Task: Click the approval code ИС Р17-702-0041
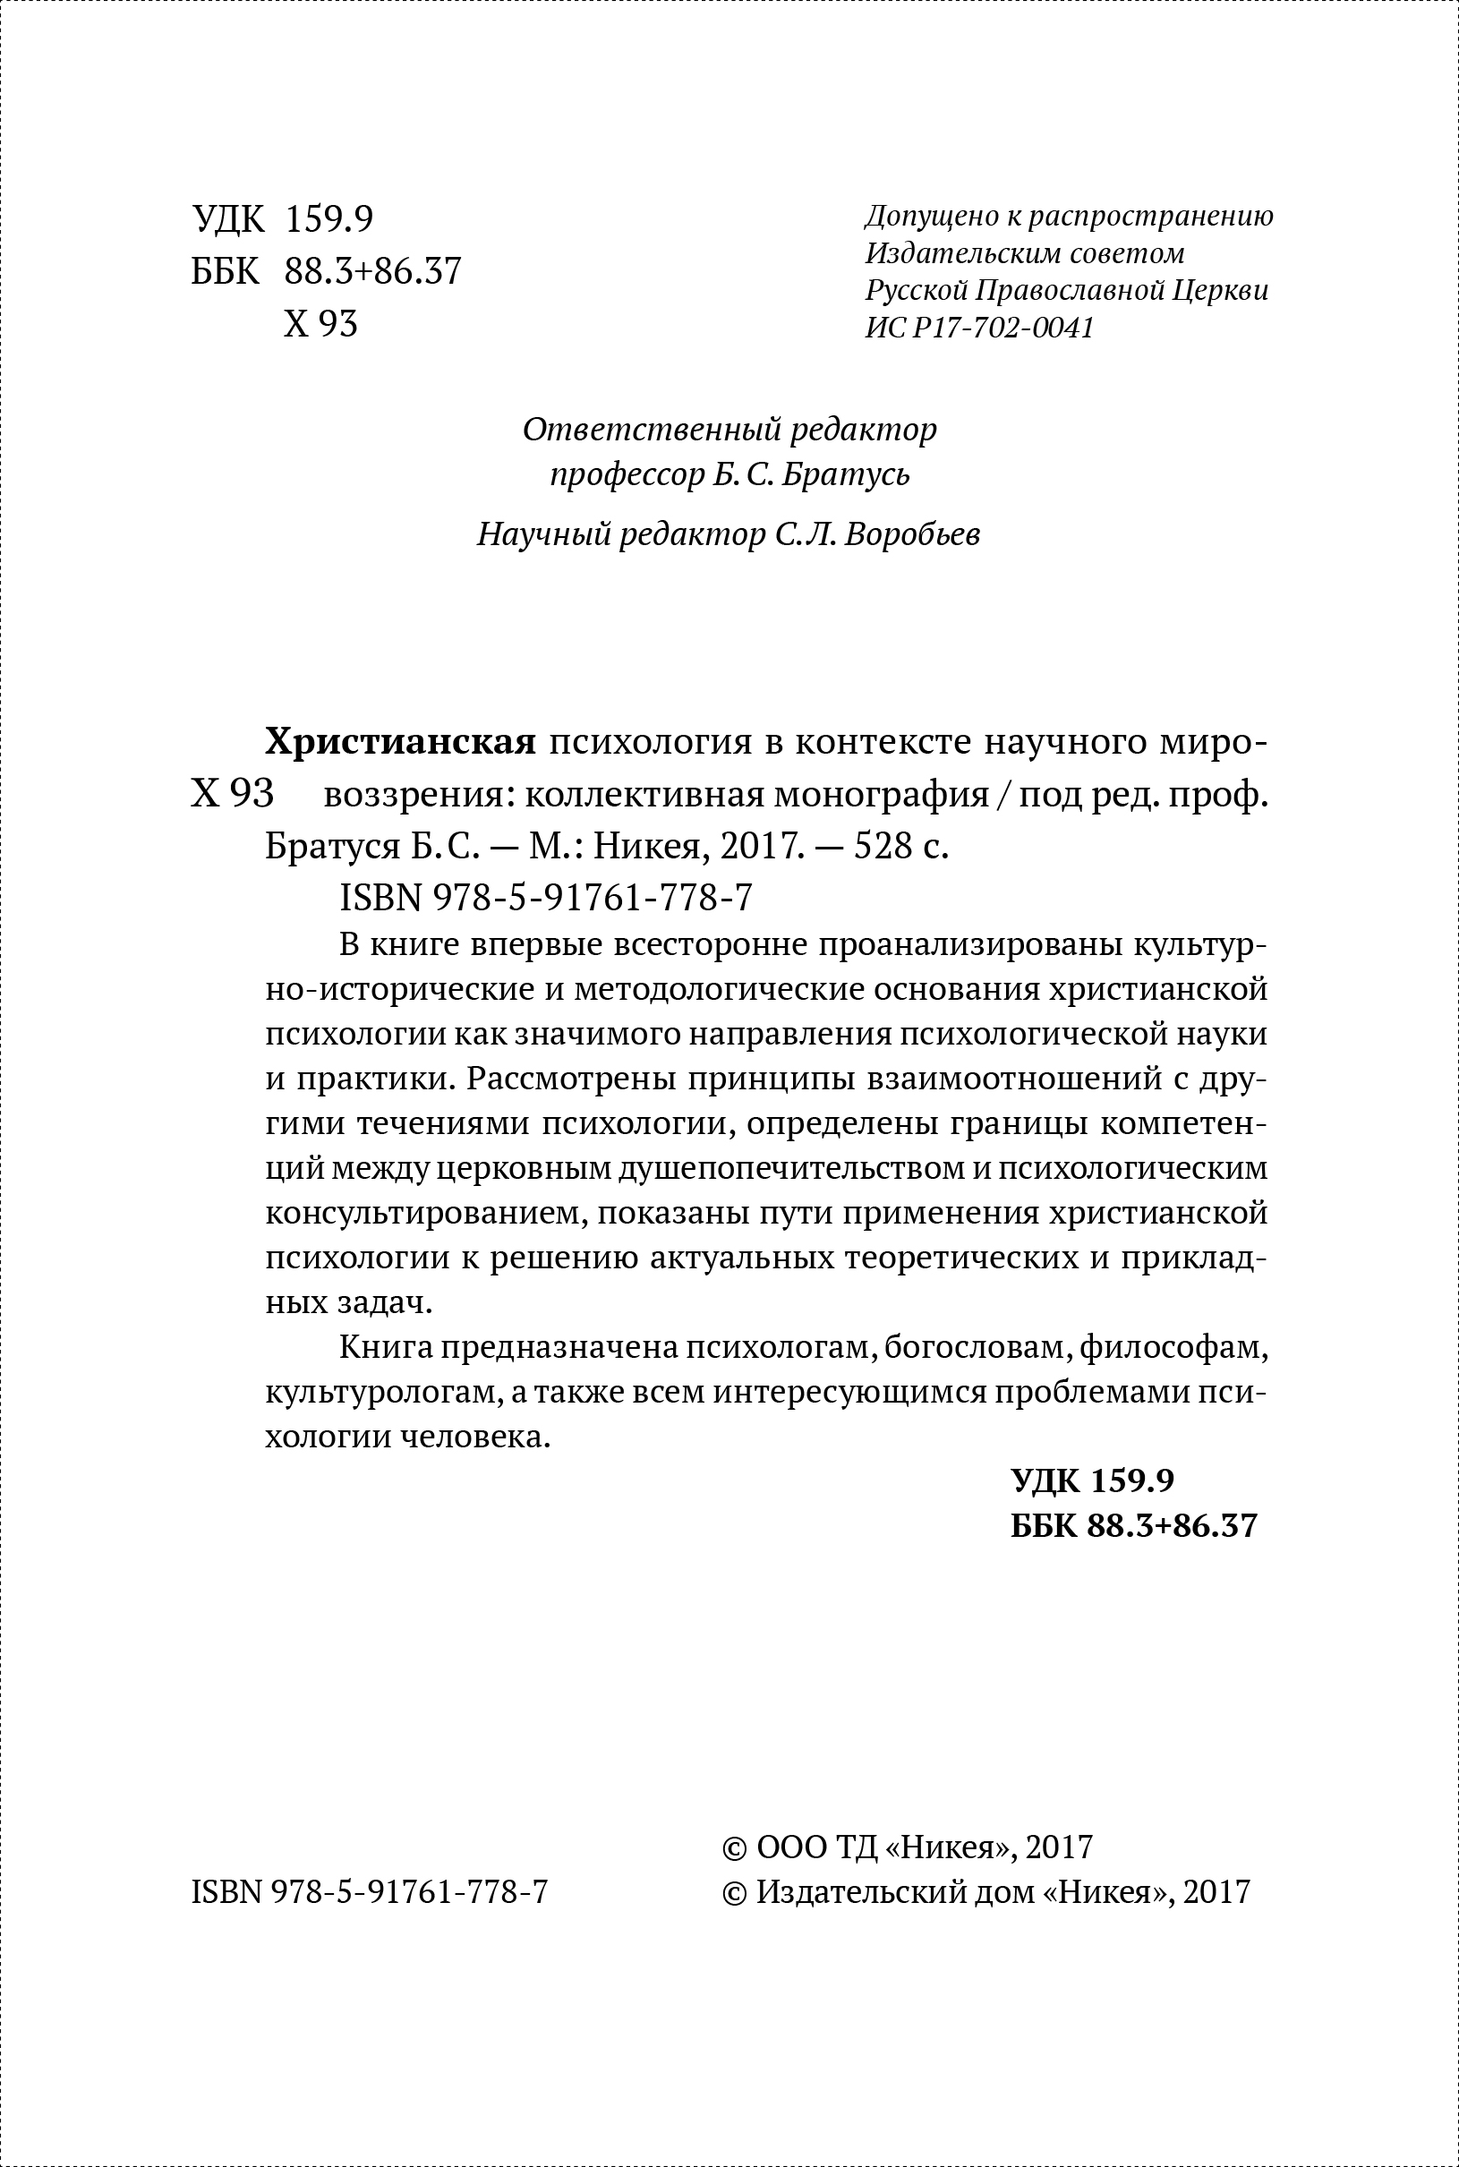pos(979,328)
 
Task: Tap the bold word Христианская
pos(401,741)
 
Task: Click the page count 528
pos(866,847)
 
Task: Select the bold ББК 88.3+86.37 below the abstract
pos(1133,1526)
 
